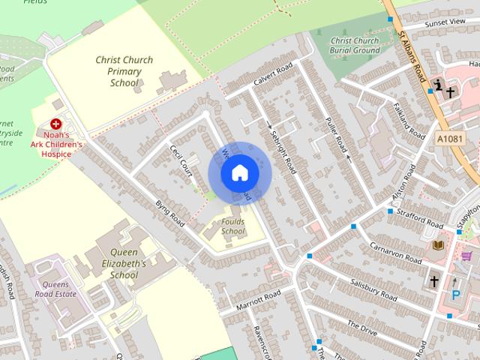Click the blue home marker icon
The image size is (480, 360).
[239, 173]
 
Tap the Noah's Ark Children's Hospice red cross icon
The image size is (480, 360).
[55, 123]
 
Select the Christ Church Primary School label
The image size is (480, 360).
[124, 71]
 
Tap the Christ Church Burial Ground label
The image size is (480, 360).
[355, 45]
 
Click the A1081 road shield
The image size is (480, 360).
[448, 139]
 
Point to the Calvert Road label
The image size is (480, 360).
[271, 76]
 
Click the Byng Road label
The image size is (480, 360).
[169, 213]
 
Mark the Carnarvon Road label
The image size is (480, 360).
[396, 253]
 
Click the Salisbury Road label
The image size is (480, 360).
[373, 290]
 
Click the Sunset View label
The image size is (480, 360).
[445, 22]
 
